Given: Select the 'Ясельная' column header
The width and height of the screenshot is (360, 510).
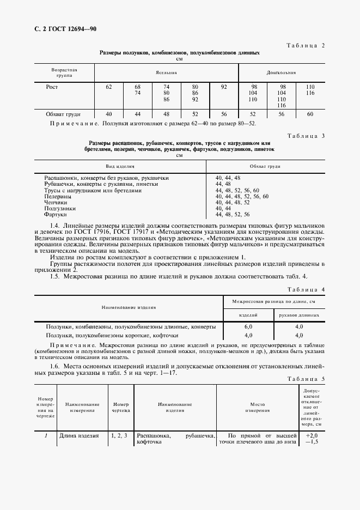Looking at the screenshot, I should (x=166, y=72).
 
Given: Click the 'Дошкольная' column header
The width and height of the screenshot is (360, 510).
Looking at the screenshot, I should (x=280, y=72).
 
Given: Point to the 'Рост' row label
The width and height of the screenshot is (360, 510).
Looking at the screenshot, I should (x=52, y=87).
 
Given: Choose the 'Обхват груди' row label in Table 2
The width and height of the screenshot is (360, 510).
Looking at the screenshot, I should (x=64, y=114).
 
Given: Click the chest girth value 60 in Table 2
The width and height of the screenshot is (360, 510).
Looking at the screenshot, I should (x=310, y=114).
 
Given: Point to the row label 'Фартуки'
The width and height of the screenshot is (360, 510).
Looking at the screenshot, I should (x=56, y=214).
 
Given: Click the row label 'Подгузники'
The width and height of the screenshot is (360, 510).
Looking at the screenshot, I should (x=60, y=208).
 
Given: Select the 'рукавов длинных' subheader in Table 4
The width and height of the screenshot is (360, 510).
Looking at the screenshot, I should (x=298, y=315).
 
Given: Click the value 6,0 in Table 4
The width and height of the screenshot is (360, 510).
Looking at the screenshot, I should (x=248, y=326).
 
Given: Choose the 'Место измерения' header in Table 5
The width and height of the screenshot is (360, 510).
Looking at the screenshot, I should (x=257, y=408).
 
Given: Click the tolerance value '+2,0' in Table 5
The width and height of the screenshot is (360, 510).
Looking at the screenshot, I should (x=312, y=436).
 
